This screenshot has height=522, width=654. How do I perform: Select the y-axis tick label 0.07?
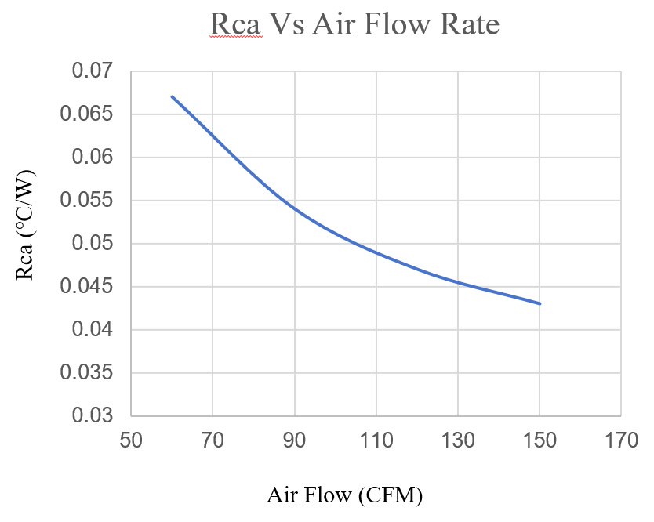(x=93, y=72)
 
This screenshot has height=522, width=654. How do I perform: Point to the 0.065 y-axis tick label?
(x=87, y=114)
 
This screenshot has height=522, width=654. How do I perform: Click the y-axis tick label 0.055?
(x=87, y=201)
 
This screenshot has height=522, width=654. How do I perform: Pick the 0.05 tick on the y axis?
(x=93, y=244)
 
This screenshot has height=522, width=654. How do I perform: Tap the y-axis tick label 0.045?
(x=87, y=287)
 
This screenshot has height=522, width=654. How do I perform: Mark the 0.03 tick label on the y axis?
(x=93, y=415)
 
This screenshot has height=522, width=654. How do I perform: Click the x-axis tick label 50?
(x=131, y=440)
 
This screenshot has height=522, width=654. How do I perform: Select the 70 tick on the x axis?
(x=213, y=440)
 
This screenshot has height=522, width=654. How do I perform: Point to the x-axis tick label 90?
(x=294, y=440)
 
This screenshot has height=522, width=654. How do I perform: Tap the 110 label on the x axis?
(x=376, y=440)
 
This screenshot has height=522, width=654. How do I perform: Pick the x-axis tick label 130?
(x=458, y=440)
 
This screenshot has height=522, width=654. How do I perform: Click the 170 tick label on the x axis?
(x=621, y=440)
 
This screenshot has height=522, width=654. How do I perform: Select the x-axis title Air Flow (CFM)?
(x=345, y=496)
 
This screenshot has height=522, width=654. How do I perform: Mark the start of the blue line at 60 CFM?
(x=172, y=96)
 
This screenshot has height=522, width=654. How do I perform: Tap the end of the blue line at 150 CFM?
(x=540, y=303)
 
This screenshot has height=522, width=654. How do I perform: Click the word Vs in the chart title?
(x=288, y=25)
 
